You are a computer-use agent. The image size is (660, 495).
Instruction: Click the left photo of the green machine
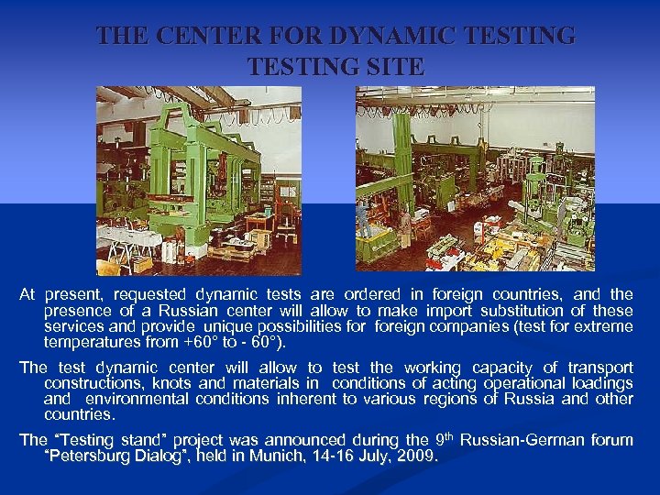pos(199,181)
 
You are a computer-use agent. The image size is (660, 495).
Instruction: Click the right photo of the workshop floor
pos(475,179)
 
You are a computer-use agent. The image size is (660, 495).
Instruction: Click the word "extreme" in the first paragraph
pos(603,327)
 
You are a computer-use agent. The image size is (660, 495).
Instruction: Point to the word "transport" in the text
pos(593,367)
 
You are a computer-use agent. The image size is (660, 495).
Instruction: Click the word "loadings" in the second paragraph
pos(599,383)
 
